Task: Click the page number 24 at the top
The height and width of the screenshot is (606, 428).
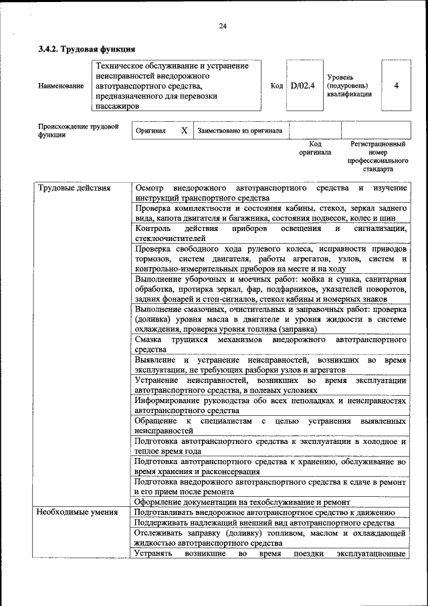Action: pos(223,26)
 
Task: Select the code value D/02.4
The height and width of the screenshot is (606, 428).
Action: pos(302,86)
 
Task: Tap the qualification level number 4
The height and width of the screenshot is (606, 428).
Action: pos(397,86)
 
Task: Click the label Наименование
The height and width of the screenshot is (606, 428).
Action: pos(61,86)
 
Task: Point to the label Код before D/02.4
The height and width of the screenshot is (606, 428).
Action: pos(276,86)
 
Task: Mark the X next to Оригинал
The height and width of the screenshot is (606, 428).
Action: pos(184,131)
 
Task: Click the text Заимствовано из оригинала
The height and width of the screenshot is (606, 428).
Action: pos(239,131)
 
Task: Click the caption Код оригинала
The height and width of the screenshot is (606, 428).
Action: pos(315,148)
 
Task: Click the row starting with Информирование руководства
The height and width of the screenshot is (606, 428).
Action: pos(270,404)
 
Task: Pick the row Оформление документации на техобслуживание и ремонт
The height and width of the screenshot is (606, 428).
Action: pos(242,502)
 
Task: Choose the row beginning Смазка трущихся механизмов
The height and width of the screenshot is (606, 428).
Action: pos(270,345)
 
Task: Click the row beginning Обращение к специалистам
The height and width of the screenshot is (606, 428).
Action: pos(270,426)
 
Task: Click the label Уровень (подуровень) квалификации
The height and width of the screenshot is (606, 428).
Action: pos(349,86)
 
